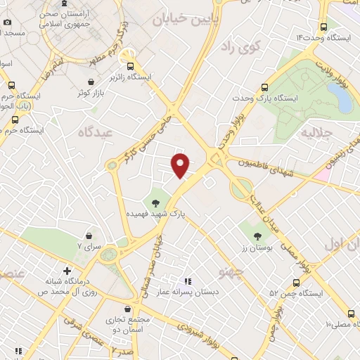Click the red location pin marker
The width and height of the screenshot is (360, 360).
click(x=181, y=165)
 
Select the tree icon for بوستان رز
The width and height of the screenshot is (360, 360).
click(x=259, y=236)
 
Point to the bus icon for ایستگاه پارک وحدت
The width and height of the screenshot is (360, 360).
click(x=264, y=88)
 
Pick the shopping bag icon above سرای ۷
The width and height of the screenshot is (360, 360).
click(x=89, y=237)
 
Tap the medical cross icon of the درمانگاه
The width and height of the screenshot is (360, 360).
click(x=67, y=271)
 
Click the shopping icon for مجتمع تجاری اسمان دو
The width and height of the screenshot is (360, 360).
click(x=127, y=309)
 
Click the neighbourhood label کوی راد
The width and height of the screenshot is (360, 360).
click(x=240, y=46)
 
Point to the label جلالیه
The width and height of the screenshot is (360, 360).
click(x=316, y=131)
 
